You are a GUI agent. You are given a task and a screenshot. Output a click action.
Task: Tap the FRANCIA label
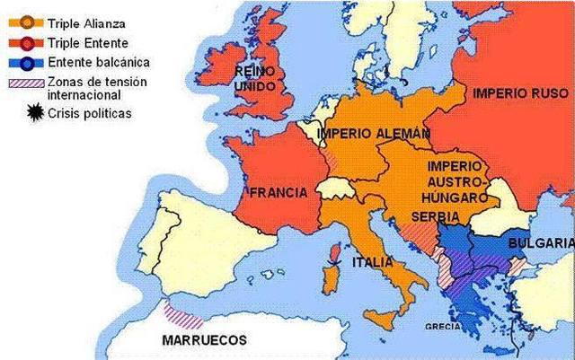[x=279, y=192]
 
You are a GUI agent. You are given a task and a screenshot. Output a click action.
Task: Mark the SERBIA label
[x=436, y=217]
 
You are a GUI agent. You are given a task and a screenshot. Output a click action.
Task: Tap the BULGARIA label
[x=540, y=243]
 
